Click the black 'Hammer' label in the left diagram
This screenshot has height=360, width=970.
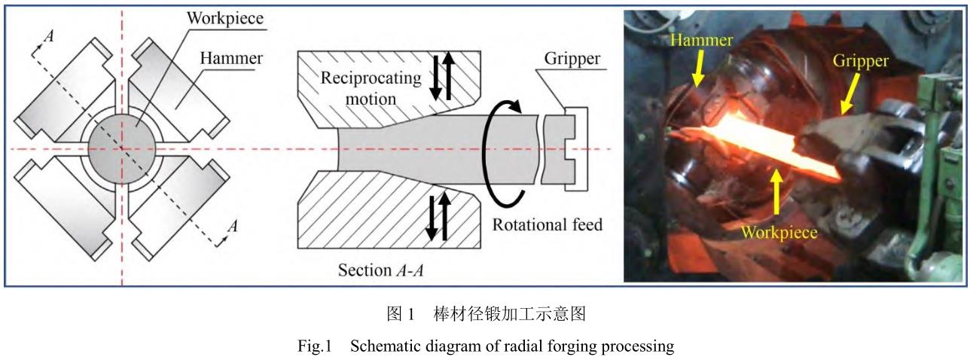point(231,58)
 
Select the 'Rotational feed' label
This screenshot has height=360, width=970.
point(548,224)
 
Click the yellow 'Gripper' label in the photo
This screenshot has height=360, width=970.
point(861,59)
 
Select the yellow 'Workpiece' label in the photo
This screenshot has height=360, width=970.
point(779,232)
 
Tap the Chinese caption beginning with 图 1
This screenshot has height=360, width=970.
point(486,314)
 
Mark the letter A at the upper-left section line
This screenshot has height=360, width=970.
point(50,35)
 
